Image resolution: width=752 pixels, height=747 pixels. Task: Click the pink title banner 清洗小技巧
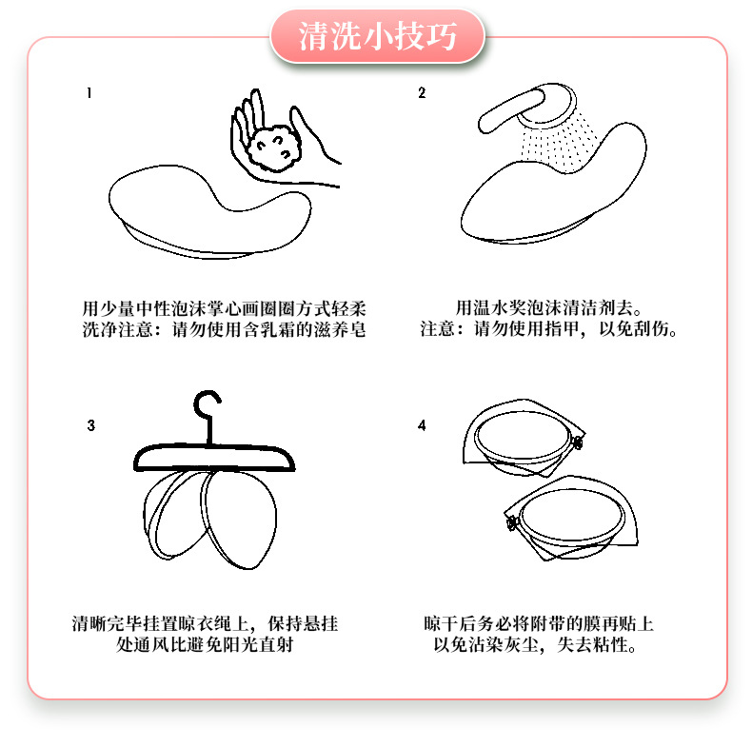click(378, 38)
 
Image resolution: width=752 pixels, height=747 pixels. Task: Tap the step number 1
click(89, 93)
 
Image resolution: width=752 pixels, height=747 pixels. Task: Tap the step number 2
click(421, 93)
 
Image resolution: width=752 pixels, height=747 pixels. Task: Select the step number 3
click(90, 425)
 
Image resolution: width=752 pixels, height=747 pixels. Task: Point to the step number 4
click(422, 424)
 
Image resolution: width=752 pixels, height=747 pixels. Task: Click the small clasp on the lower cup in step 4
click(510, 522)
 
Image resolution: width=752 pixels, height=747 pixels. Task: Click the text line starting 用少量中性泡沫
click(225, 308)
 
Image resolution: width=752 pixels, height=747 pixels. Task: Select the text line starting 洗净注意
click(225, 330)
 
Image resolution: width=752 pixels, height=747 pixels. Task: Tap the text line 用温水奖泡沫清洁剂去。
click(550, 308)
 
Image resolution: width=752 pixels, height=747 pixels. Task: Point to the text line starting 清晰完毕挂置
click(205, 625)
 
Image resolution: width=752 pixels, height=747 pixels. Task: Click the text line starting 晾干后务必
click(539, 625)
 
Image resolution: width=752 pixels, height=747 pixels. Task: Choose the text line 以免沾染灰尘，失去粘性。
click(536, 647)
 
